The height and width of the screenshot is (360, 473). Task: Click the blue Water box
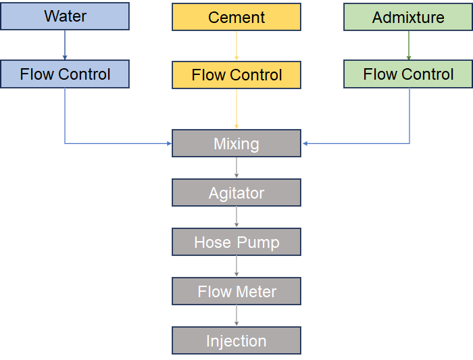tap(65, 16)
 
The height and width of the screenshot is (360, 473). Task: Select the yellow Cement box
tap(236, 17)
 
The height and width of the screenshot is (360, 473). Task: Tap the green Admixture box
tap(408, 17)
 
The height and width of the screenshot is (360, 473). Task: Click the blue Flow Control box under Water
tap(65, 74)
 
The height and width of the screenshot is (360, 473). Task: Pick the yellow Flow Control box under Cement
tap(236, 74)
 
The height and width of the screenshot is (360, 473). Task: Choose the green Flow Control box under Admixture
tap(408, 74)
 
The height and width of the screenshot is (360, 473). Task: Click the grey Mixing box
tap(236, 143)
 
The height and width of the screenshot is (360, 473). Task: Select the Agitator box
tap(236, 192)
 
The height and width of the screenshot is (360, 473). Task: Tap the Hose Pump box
tap(236, 242)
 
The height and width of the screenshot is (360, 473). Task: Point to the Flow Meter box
tap(236, 291)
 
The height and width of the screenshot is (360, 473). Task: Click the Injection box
tap(236, 340)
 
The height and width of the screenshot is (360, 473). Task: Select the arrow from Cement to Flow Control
tap(236, 45)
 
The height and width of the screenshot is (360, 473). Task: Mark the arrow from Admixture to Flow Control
tap(408, 45)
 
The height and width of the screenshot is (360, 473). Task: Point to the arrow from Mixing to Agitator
tap(236, 168)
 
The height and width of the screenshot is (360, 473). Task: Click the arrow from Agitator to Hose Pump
tap(236, 217)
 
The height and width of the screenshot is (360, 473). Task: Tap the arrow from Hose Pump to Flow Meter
tap(236, 266)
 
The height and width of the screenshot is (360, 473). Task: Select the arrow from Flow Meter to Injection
tap(236, 315)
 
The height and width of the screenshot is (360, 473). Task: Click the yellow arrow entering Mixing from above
tap(236, 109)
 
